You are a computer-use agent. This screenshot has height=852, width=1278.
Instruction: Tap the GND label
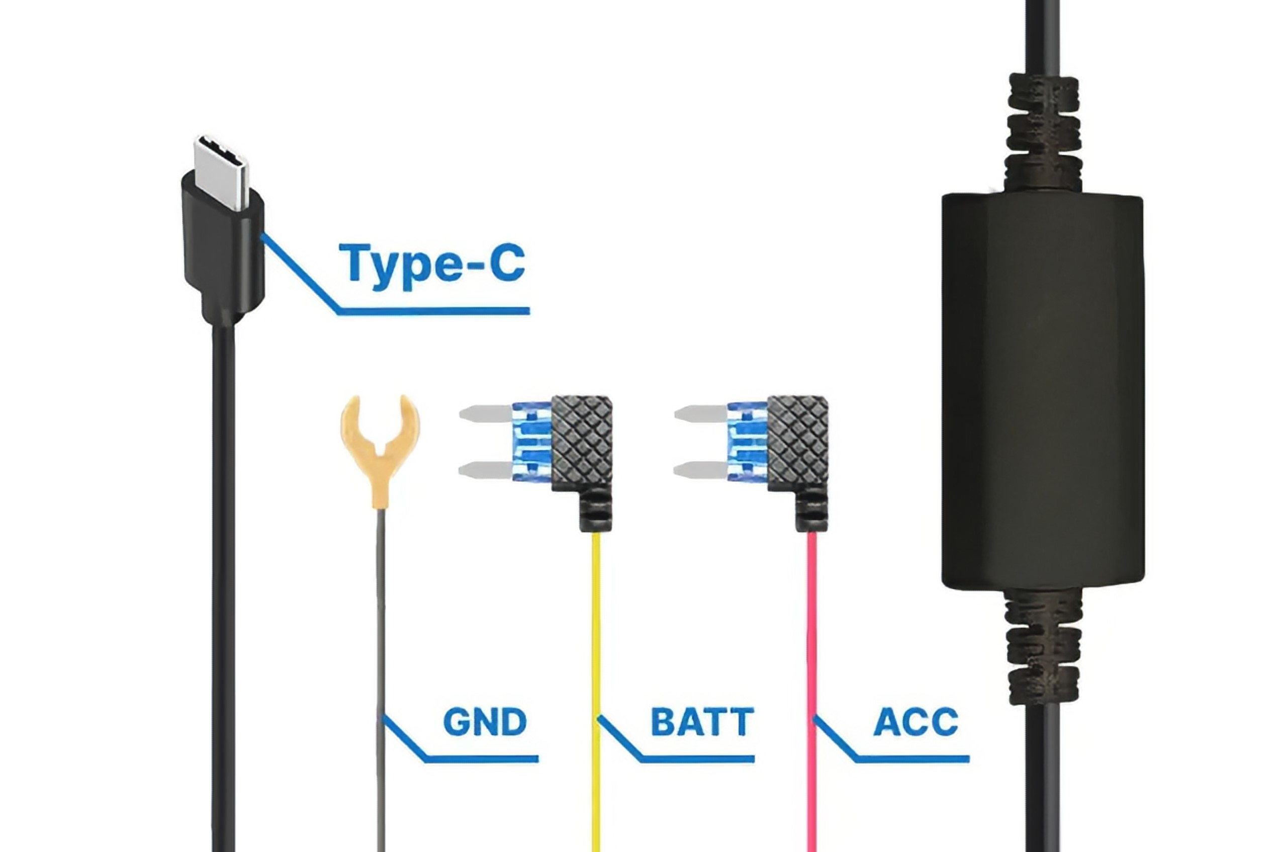[485, 722]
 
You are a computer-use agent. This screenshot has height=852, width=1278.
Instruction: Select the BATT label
[702, 722]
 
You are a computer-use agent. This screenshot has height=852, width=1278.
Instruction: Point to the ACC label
[915, 722]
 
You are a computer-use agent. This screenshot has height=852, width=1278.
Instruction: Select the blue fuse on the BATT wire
[531, 441]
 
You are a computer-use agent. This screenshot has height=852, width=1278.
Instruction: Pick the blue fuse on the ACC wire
[746, 441]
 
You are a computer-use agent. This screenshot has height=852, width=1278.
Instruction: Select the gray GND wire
[381, 625]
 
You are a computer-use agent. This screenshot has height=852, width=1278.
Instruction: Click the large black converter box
[1042, 391]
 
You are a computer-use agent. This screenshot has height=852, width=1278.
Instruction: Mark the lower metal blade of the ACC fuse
[699, 469]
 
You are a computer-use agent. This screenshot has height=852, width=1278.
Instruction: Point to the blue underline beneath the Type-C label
[434, 311]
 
